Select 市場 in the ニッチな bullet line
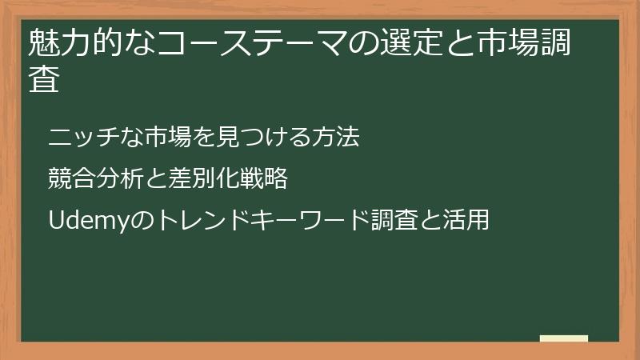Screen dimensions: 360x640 (162, 138)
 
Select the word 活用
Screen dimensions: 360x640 (465, 219)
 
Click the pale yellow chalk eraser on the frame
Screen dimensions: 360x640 (564, 338)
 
